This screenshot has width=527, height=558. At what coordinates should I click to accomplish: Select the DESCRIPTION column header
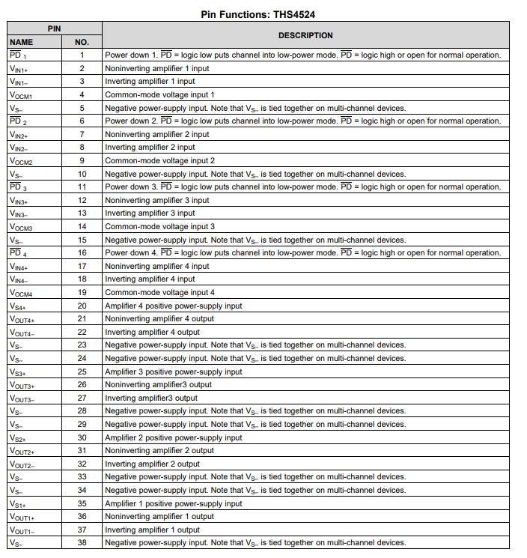(x=305, y=35)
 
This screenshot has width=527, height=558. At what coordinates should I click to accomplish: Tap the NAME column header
(x=22, y=42)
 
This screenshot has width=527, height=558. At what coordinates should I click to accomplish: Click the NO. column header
(x=82, y=42)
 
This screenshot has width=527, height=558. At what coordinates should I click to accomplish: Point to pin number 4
(x=82, y=95)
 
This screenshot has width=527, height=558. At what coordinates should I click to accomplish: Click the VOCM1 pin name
(x=21, y=95)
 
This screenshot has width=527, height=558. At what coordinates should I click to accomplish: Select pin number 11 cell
(x=82, y=187)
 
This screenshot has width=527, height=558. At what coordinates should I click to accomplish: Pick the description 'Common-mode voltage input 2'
(x=159, y=161)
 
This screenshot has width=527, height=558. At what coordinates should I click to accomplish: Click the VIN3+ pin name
(x=19, y=201)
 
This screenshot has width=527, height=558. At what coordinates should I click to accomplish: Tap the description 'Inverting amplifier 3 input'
(x=150, y=213)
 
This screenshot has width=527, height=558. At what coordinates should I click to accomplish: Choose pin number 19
(x=82, y=293)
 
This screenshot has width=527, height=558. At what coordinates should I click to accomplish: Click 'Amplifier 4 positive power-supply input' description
(x=174, y=306)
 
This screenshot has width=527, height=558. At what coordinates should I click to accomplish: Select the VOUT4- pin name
(x=22, y=333)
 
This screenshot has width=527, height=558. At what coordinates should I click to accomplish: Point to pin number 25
(x=82, y=372)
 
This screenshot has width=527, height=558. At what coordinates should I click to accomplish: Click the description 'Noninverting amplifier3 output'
(x=158, y=385)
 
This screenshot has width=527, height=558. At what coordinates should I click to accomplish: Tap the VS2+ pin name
(x=18, y=437)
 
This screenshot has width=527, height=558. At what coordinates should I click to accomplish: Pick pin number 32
(x=82, y=464)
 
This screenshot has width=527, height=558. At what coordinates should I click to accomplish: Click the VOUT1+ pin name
(x=22, y=517)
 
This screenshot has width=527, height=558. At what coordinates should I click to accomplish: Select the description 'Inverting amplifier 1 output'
(x=152, y=530)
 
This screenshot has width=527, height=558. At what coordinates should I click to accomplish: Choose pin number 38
(x=82, y=543)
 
